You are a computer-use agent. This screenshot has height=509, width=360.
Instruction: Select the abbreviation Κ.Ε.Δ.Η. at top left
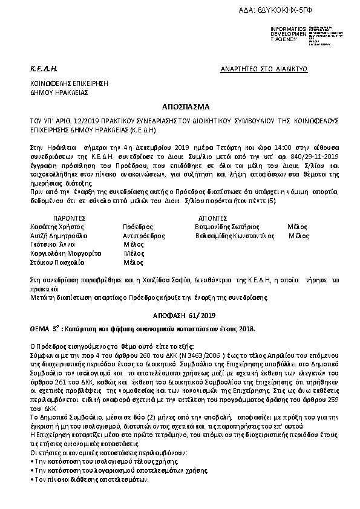(44, 69)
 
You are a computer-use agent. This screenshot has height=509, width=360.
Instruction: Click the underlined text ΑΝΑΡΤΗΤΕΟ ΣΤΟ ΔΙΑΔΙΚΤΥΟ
(264, 69)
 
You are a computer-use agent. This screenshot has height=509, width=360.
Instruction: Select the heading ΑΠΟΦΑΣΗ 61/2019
(180, 315)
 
